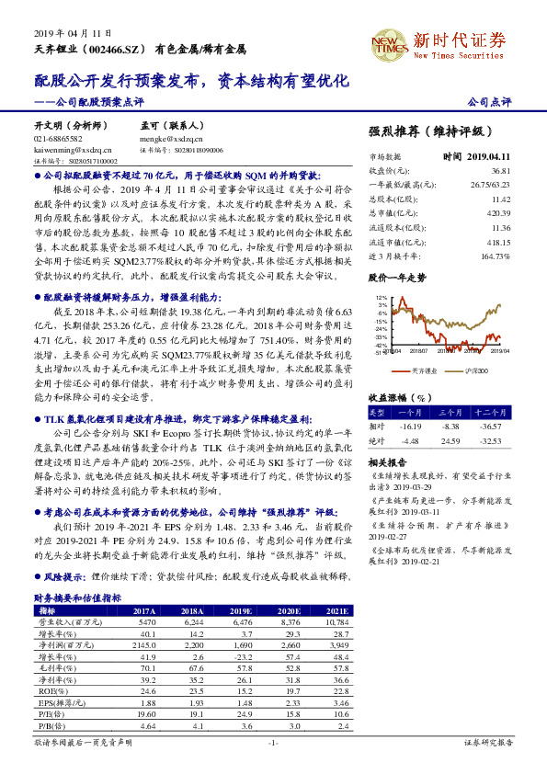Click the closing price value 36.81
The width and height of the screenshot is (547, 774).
click(x=500, y=170)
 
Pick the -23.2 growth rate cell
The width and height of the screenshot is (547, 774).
click(x=242, y=657)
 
